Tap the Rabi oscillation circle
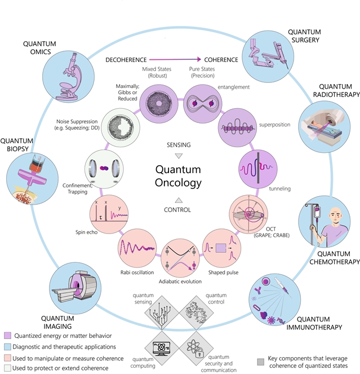tap(137, 246)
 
